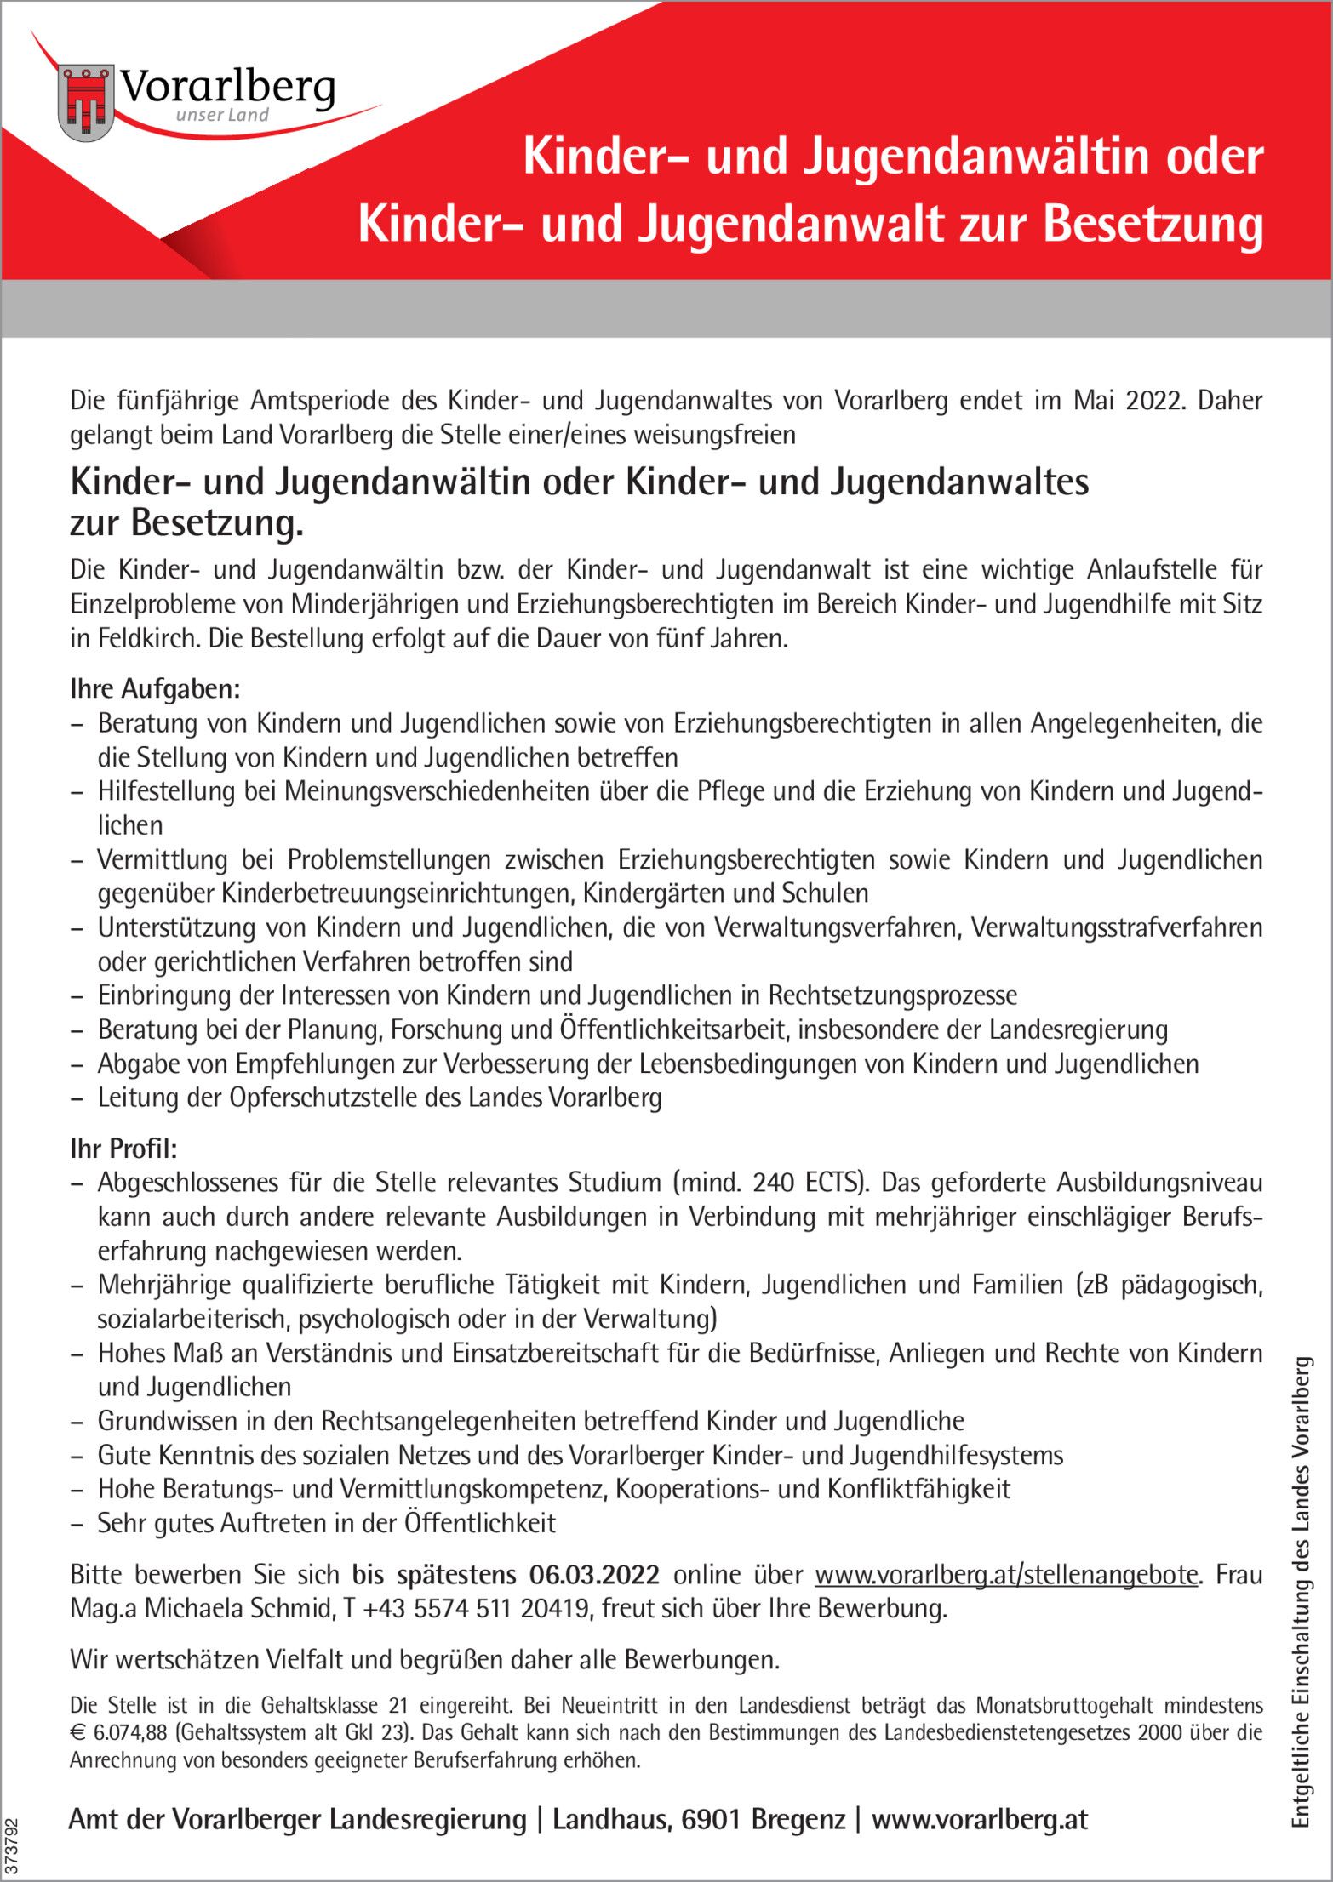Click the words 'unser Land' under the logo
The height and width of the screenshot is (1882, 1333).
222,115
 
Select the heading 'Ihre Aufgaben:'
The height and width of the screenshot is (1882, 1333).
155,688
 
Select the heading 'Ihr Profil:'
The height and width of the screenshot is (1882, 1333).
123,1149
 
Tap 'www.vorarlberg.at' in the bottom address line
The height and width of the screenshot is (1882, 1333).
980,1819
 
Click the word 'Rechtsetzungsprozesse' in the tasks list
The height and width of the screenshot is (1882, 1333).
893,995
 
